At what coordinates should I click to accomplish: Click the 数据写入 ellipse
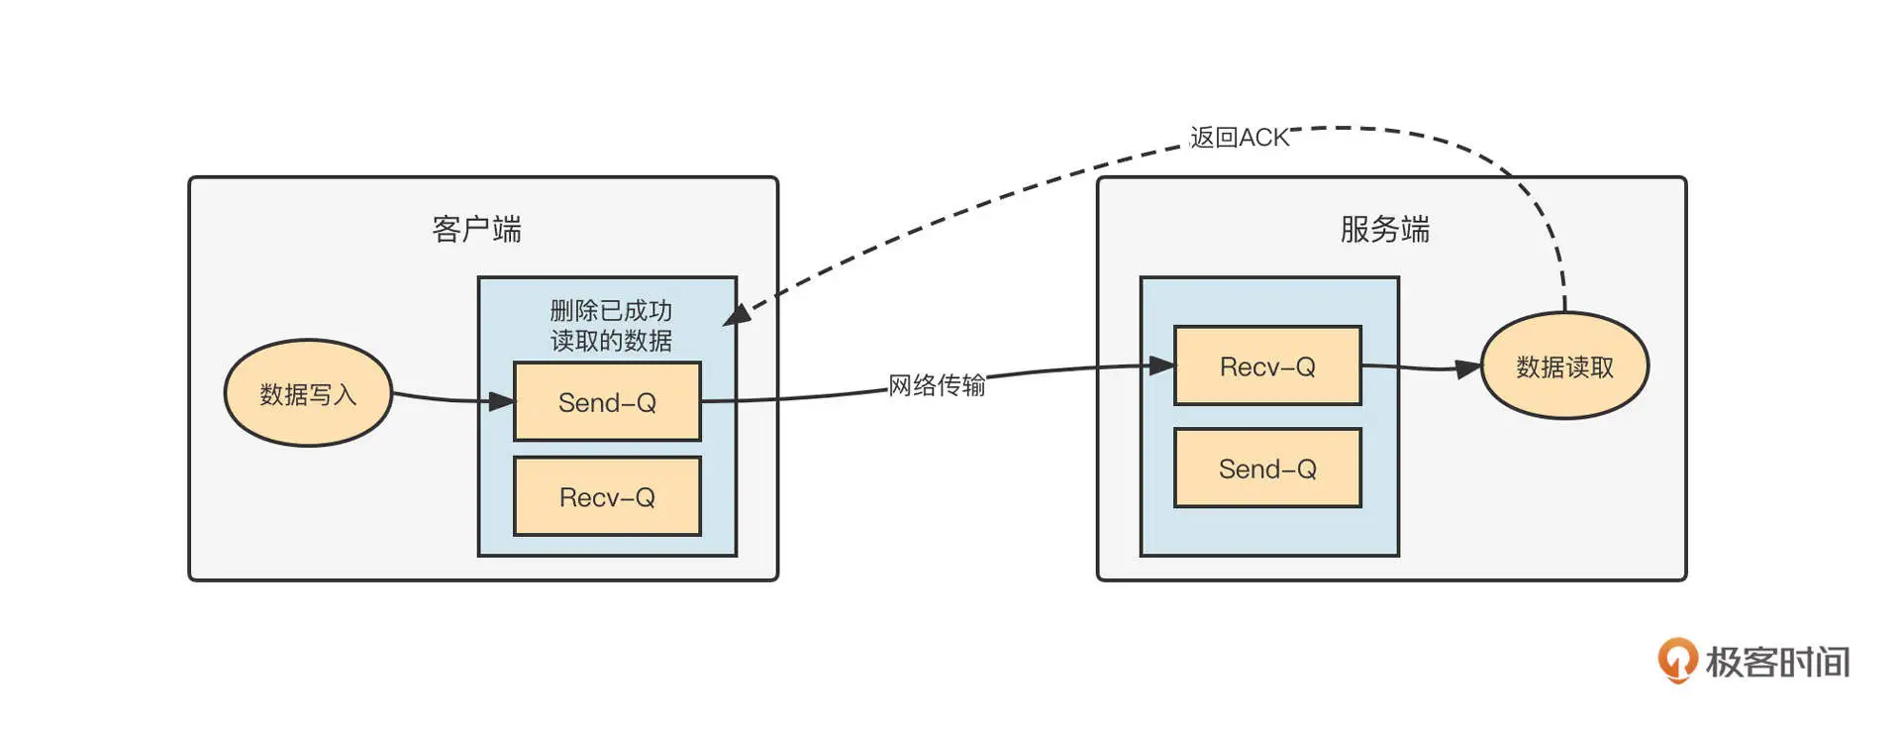308,393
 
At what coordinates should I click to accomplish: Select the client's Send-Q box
607,401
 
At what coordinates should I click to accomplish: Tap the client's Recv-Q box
607,496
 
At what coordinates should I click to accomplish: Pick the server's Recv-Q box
1267,365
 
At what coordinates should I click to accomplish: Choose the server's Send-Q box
1267,468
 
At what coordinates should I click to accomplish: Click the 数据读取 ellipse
1564,365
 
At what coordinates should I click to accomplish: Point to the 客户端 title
476,229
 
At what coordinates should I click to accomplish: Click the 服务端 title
1384,229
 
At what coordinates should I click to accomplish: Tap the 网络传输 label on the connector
936,384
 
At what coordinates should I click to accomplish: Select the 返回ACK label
1240,138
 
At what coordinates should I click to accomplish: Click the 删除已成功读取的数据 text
611,326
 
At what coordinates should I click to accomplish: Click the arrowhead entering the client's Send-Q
502,401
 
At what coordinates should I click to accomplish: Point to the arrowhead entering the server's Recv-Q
1161,365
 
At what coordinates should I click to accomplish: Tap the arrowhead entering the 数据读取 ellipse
1468,369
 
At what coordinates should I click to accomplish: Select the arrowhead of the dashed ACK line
736,315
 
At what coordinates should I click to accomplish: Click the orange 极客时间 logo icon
1676,660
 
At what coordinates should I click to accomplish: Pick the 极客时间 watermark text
1777,662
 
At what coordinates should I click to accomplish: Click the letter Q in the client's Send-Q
646,402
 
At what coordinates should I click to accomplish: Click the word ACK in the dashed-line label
1264,138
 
